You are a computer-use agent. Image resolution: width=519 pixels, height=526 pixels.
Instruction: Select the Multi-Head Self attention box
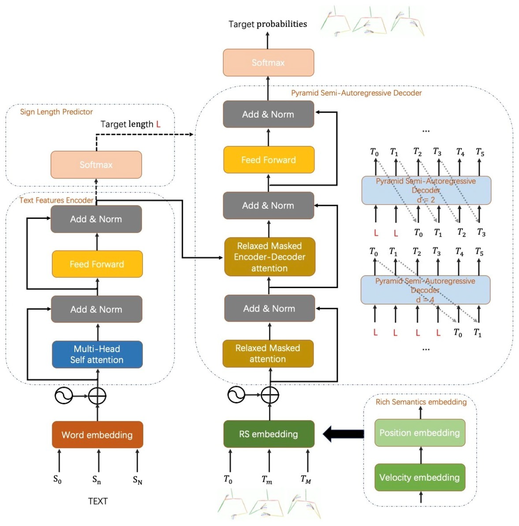pos(97,354)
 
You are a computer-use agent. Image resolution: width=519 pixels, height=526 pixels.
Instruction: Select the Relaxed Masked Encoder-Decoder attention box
pos(269,257)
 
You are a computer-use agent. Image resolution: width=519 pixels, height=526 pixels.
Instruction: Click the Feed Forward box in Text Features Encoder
pos(97,264)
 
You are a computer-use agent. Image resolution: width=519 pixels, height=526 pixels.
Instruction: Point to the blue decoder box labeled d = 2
pos(426,190)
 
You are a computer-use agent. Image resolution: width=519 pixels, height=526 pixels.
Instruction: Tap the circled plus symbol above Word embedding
pos(97,396)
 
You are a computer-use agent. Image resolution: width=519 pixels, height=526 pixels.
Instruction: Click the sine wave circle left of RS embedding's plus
pos(236,395)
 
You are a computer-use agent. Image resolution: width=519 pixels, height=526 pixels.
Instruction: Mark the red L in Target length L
pos(158,124)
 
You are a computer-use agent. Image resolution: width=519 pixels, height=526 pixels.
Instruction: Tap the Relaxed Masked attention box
pos(268,353)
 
